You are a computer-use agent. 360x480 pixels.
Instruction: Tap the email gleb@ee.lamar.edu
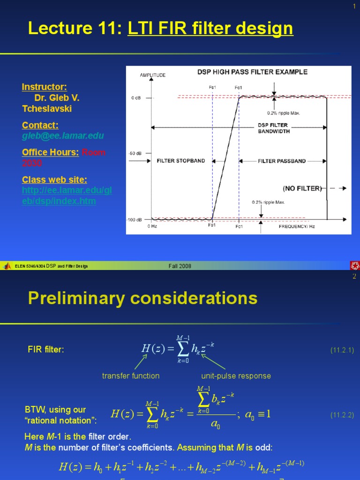pos(63,136)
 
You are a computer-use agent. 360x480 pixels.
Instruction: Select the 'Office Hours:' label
pos(50,152)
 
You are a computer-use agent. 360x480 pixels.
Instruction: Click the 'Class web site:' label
pos(54,180)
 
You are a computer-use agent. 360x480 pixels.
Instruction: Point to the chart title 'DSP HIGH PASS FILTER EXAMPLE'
pos(252,72)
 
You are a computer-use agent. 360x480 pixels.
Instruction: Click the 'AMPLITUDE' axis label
pos(152,75)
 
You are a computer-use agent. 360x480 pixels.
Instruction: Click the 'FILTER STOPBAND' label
pos(180,161)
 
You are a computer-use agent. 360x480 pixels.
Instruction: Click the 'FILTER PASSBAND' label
pos(282,161)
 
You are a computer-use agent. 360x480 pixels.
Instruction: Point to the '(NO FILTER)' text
pos(302,188)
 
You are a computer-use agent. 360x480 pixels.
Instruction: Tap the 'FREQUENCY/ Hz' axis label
pos(297,226)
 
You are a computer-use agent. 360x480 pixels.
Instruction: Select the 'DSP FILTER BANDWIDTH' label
pos(274,128)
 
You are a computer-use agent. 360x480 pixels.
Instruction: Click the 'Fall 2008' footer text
pos(180,266)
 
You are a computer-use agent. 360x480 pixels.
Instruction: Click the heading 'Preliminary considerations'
pos(142,298)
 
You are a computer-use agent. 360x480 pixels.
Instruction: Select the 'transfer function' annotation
pos(131,376)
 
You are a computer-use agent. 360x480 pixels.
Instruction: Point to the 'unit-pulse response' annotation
pos(236,376)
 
